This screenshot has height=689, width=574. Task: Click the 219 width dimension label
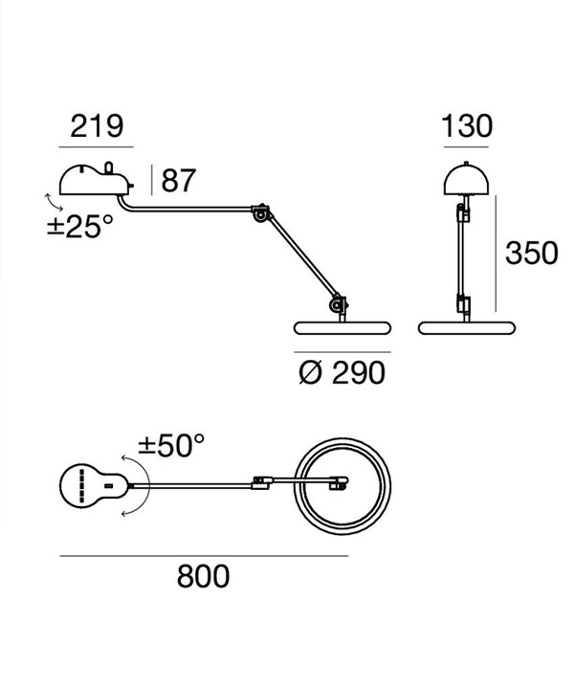pos(97,126)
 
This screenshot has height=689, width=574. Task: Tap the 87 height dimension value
pos(178,180)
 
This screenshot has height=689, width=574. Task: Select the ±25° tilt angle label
pos(80,226)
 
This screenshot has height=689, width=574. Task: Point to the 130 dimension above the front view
pos(467,126)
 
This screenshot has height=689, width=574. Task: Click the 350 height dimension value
pos(531,253)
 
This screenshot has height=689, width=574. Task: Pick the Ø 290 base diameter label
pos(342,373)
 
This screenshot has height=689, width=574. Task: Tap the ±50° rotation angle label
pos(171,446)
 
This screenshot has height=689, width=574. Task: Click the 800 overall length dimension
pos(204,576)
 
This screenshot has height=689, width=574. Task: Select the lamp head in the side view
pos(97,179)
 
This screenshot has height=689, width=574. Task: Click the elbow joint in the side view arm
pos(261,212)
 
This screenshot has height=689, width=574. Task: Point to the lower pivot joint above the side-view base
pos(338,303)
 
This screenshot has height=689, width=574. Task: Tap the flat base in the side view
pos(342,328)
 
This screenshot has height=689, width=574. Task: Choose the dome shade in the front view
pos(467,179)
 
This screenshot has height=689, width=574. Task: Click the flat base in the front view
pos(467,328)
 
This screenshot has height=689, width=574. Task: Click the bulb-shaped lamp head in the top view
pos(95,486)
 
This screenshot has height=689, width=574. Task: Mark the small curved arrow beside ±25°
pos(55,203)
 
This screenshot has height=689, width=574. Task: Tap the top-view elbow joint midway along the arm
pos(262,482)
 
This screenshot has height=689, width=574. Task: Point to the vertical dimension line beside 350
pos(496,254)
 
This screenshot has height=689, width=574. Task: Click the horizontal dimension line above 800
pos(204,556)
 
